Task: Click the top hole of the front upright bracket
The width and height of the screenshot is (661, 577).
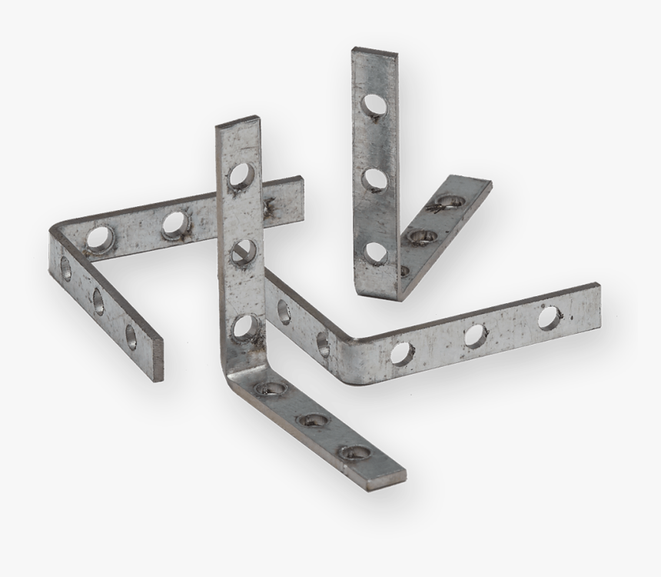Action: (x=240, y=176)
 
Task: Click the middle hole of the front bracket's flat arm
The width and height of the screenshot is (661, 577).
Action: (x=314, y=419)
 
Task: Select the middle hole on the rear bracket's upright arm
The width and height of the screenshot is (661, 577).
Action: (x=376, y=178)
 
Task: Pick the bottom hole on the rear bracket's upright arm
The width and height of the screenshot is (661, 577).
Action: (x=376, y=252)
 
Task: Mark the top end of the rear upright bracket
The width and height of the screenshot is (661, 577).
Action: (x=375, y=52)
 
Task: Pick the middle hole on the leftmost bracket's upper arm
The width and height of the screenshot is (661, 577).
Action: (x=176, y=223)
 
